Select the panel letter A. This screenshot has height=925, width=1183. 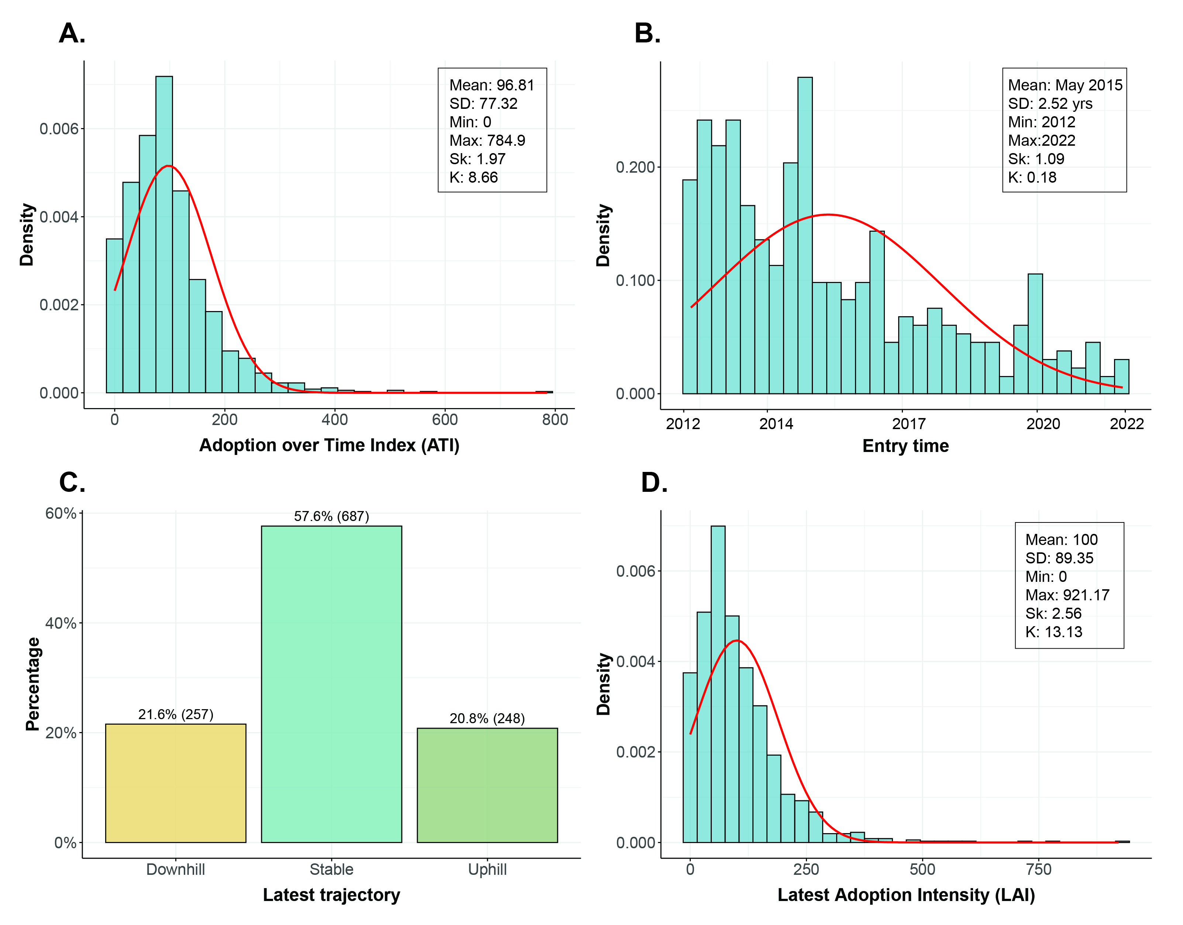pyautogui.click(x=72, y=34)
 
